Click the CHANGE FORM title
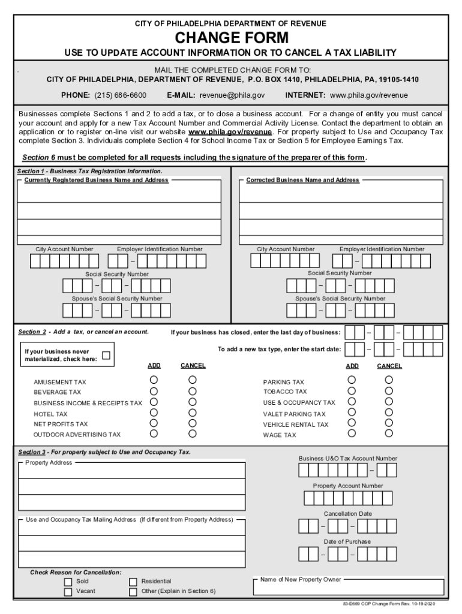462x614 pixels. (x=231, y=38)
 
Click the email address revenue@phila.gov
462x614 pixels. (x=232, y=95)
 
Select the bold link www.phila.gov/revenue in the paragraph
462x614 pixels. (x=230, y=132)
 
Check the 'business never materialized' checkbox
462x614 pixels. (x=106, y=355)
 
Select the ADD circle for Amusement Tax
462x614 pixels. (x=154, y=380)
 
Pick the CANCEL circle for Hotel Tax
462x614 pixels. (x=193, y=412)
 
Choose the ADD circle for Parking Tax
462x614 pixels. (x=352, y=380)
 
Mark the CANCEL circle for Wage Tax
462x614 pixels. (x=389, y=433)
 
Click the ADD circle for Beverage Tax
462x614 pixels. (x=154, y=390)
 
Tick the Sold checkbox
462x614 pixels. (x=68, y=582)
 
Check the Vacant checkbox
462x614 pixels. (x=68, y=592)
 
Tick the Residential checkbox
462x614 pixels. (x=133, y=582)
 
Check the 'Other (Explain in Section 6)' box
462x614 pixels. (x=133, y=592)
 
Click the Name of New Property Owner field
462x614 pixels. (x=348, y=588)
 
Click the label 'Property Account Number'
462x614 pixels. (x=347, y=486)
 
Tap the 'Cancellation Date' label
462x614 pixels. (x=347, y=514)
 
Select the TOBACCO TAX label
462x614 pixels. (x=284, y=392)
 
